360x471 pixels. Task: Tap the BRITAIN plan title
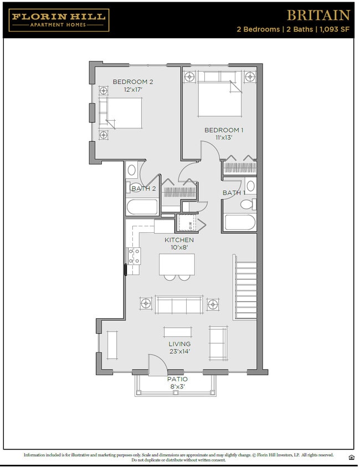coord(317,15)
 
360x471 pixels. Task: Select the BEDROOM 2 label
coord(133,82)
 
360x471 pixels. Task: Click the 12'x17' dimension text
coord(133,90)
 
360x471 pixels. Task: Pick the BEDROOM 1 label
coord(224,130)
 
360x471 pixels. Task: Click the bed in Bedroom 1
coord(220,95)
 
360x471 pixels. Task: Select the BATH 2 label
coord(143,189)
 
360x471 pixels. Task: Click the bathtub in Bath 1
coord(240,222)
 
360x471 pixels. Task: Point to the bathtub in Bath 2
coord(142,208)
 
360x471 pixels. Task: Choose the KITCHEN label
coord(179,240)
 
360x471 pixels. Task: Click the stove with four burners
coord(134,256)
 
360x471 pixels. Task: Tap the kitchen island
coord(177,264)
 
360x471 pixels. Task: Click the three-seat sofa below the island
coord(179,304)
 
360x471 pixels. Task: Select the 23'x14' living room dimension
coord(179,351)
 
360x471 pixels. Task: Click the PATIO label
coord(177,379)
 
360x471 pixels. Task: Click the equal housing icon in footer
coord(351,457)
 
